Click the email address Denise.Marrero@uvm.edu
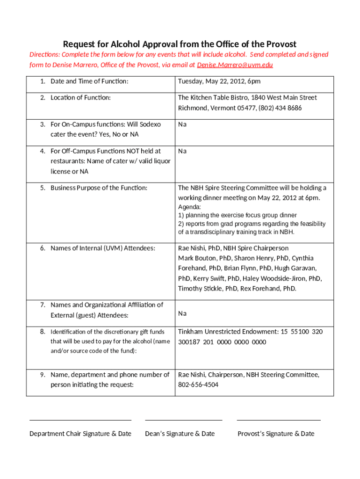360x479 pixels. pos(235,65)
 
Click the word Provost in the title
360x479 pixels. pos(279,44)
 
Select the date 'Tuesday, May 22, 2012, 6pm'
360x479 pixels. pos(219,81)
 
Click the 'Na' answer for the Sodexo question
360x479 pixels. pos(182,124)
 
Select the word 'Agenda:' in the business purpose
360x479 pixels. pos(189,207)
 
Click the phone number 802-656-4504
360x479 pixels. pos(198,385)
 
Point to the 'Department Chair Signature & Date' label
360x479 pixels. pos(80,434)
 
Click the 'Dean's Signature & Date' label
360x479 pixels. pos(180,434)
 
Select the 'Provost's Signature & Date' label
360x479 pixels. pos(276,434)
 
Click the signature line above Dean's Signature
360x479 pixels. pos(184,420)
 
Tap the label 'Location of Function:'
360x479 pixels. pos(80,98)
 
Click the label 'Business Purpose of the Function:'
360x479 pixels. pos(99,188)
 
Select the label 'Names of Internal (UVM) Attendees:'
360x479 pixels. pos(103,248)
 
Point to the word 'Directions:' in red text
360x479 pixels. pos(46,55)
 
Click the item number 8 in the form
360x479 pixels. pos(42,332)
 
